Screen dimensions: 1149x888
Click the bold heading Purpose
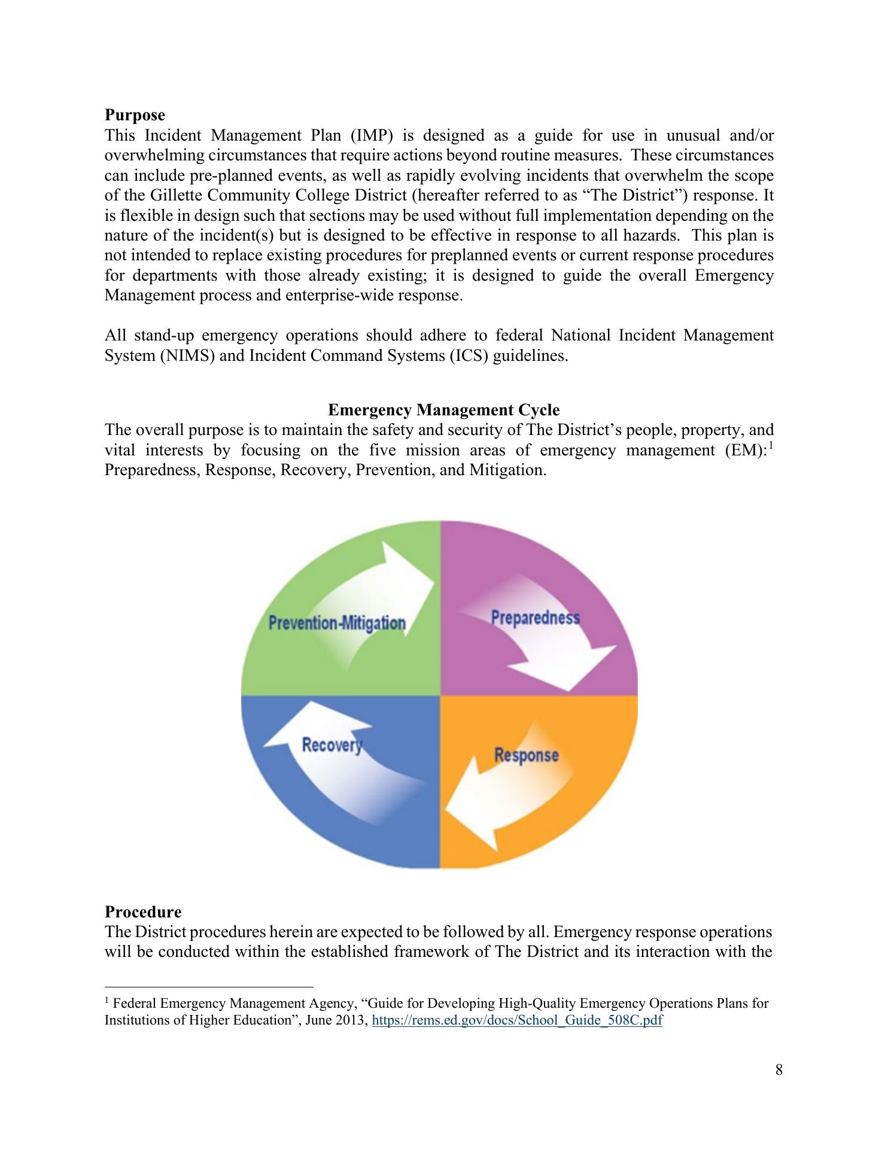[135, 114]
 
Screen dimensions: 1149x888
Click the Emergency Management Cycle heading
[443, 410]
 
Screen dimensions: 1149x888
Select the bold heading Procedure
[143, 912]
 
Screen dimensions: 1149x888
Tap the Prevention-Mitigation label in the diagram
[337, 623]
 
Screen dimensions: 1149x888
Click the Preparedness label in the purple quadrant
[535, 618]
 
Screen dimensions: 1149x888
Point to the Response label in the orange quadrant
[526, 755]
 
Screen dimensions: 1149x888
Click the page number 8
[778, 1070]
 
